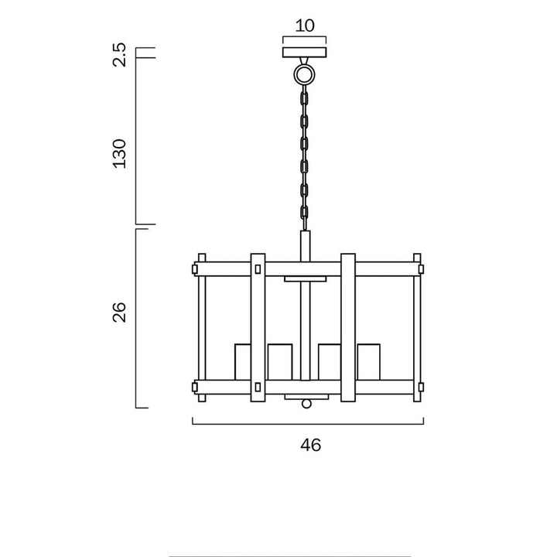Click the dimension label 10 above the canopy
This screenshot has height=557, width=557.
click(x=305, y=26)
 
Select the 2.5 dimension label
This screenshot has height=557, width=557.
click(x=119, y=54)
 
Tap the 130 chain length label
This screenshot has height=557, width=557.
click(x=119, y=153)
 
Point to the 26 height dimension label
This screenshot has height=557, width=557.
click(x=119, y=312)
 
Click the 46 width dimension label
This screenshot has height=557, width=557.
click(x=310, y=445)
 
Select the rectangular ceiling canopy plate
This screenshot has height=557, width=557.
click(x=305, y=53)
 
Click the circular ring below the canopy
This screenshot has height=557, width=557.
click(x=305, y=74)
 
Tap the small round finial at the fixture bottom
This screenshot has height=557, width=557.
click(x=306, y=404)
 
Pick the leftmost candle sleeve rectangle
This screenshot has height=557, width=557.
click(x=243, y=362)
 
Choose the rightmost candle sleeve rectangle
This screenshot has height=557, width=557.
click(x=369, y=362)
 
